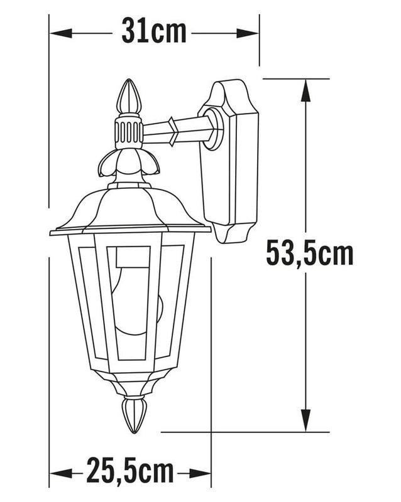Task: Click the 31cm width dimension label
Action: pyautogui.click(x=154, y=32)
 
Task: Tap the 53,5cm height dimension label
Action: pyautogui.click(x=310, y=254)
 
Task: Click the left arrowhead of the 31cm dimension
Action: pyautogui.click(x=61, y=33)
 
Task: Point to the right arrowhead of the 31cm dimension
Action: pyautogui.click(x=248, y=33)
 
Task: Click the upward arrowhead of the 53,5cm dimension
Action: pyautogui.click(x=305, y=90)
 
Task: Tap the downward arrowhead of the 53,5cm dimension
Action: pyautogui.click(x=305, y=420)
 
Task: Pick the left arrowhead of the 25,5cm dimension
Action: pyautogui.click(x=61, y=473)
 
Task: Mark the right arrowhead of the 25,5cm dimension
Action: pyautogui.click(x=199, y=473)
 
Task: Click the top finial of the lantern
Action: pyautogui.click(x=129, y=96)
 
